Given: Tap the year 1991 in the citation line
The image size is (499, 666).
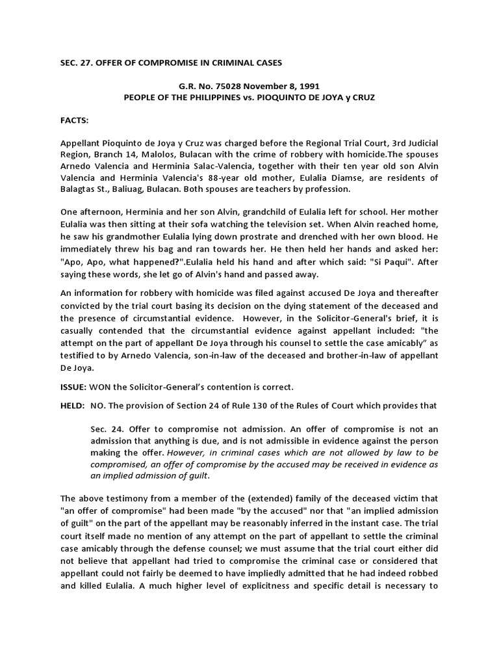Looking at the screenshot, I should click(289, 86).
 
